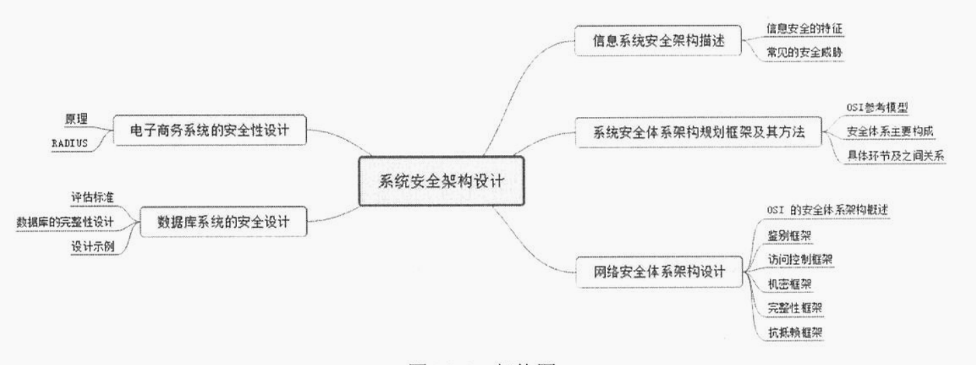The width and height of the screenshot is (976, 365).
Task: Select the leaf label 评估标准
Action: [x=93, y=197]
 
